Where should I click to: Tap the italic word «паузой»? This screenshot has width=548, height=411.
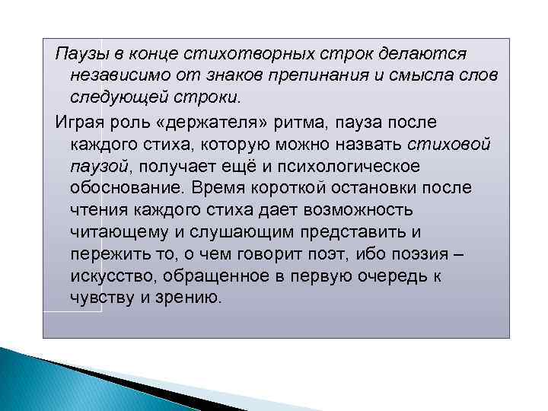point(94,165)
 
